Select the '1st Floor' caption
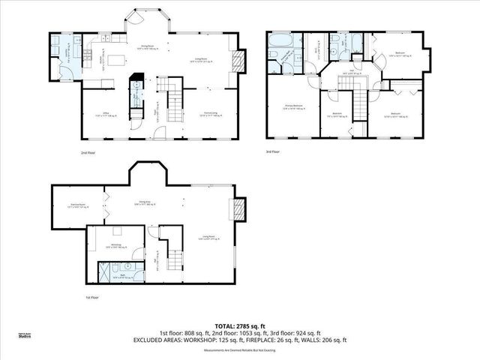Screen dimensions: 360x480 pyautogui.click(x=91, y=298)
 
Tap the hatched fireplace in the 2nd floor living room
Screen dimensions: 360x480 pyautogui.click(x=240, y=61)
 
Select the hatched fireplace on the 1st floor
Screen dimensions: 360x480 pyautogui.click(x=240, y=208)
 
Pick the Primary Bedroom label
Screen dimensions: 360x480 pyautogui.click(x=292, y=107)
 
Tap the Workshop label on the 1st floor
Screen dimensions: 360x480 pyautogui.click(x=116, y=244)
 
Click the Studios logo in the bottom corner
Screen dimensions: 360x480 pyautogui.click(x=25, y=336)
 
